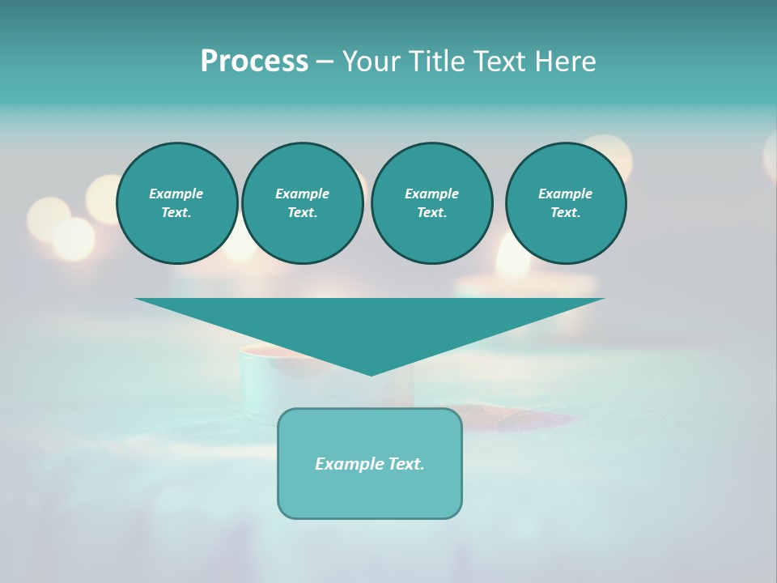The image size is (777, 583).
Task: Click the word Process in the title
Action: [x=254, y=62]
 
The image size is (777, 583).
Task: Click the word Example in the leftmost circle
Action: [x=176, y=194]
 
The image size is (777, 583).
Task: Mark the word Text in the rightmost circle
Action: [x=566, y=212]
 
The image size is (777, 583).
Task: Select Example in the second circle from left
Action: [x=302, y=194]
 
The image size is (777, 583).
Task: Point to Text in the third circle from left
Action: [x=431, y=212]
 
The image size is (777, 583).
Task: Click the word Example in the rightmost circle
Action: [x=566, y=194]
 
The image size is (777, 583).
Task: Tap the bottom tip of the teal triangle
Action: [x=370, y=373]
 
